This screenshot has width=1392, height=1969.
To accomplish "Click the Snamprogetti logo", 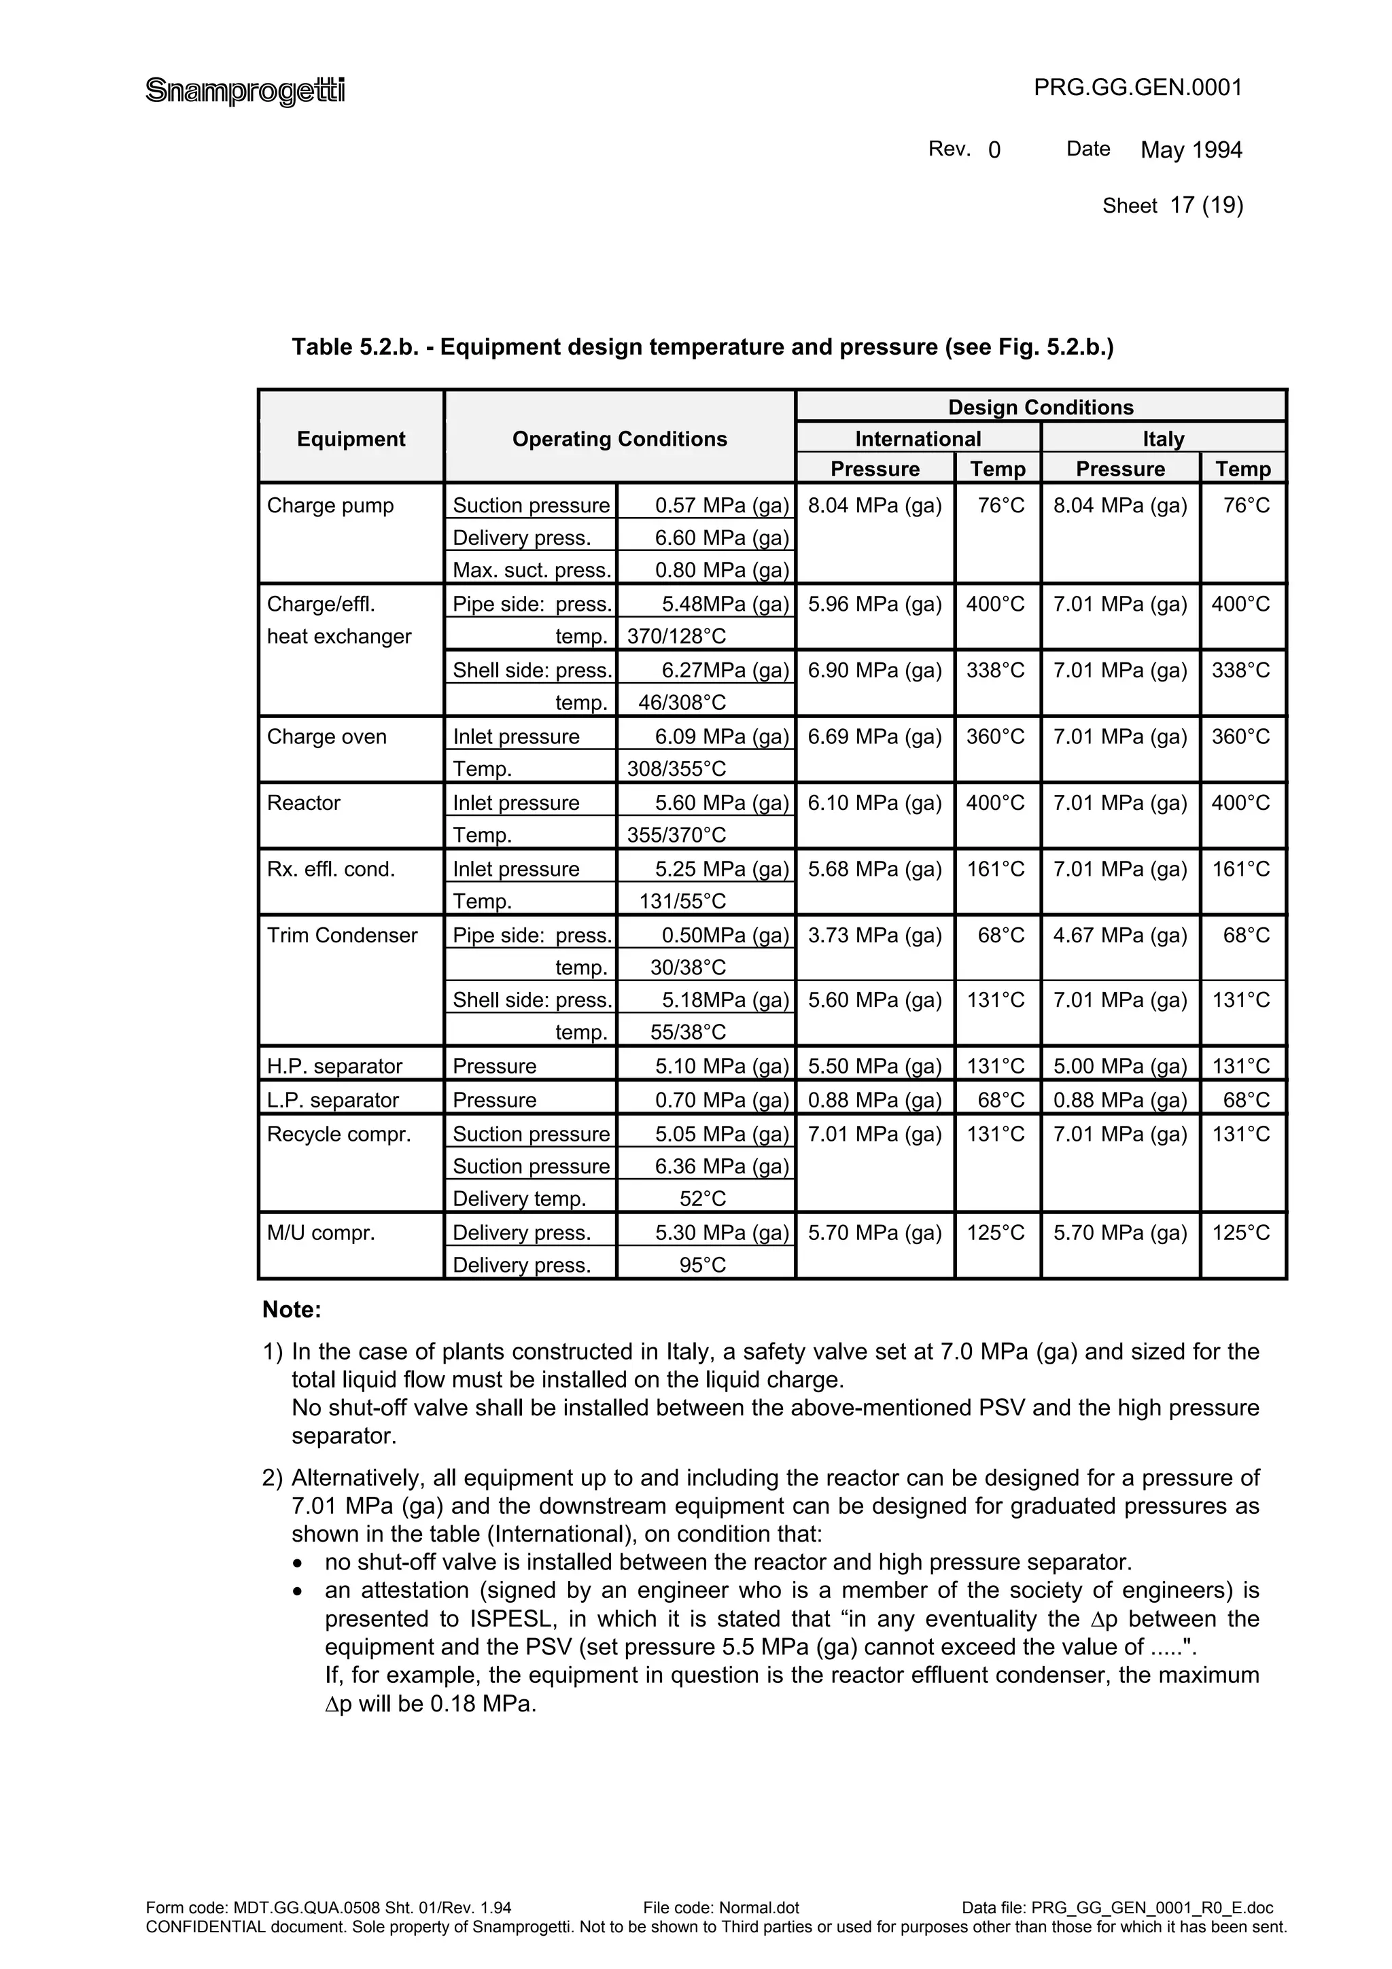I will point(245,90).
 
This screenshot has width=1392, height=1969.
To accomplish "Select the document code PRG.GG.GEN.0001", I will point(1137,88).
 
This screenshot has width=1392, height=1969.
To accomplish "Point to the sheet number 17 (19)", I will point(1206,205).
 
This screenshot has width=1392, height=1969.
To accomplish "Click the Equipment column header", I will point(351,439).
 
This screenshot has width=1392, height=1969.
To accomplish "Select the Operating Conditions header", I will point(619,439).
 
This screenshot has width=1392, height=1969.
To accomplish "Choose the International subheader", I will point(918,439).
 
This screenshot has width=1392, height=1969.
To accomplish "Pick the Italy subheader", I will point(1163,439).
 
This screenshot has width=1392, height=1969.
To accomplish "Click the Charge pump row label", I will point(330,506).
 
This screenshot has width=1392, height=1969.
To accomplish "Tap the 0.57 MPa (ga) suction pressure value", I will point(721,506).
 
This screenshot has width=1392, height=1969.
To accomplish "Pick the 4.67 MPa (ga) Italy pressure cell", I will point(1119,936).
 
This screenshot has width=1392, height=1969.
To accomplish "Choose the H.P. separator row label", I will point(334,1066).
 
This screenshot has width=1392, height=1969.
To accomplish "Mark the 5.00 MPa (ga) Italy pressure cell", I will point(1119,1066).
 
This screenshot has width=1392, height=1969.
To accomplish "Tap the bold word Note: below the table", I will point(292,1309).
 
